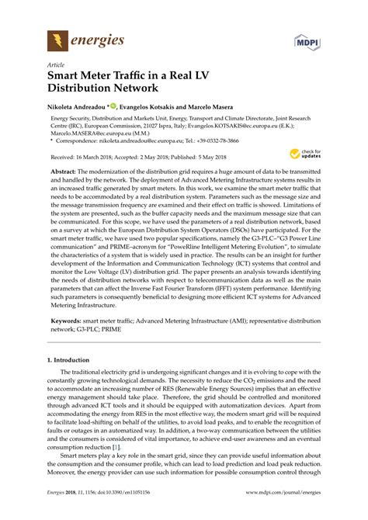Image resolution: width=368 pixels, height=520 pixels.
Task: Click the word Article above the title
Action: [x=57, y=64]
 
